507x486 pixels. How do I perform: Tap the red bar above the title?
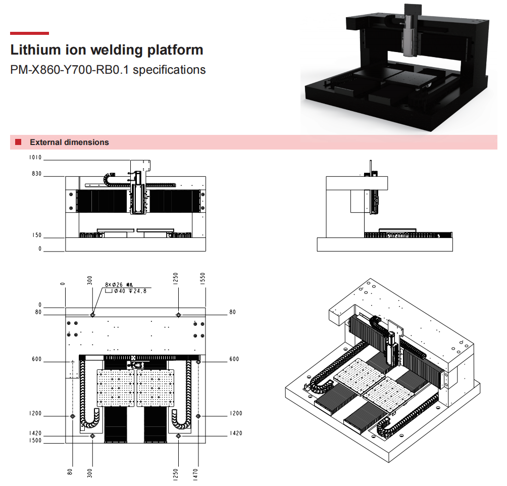(30, 33)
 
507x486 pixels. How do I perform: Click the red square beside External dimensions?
(18, 142)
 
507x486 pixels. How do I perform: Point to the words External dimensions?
(69, 142)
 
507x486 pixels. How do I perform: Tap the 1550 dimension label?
(202, 279)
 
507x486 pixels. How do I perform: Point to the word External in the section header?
(45, 142)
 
